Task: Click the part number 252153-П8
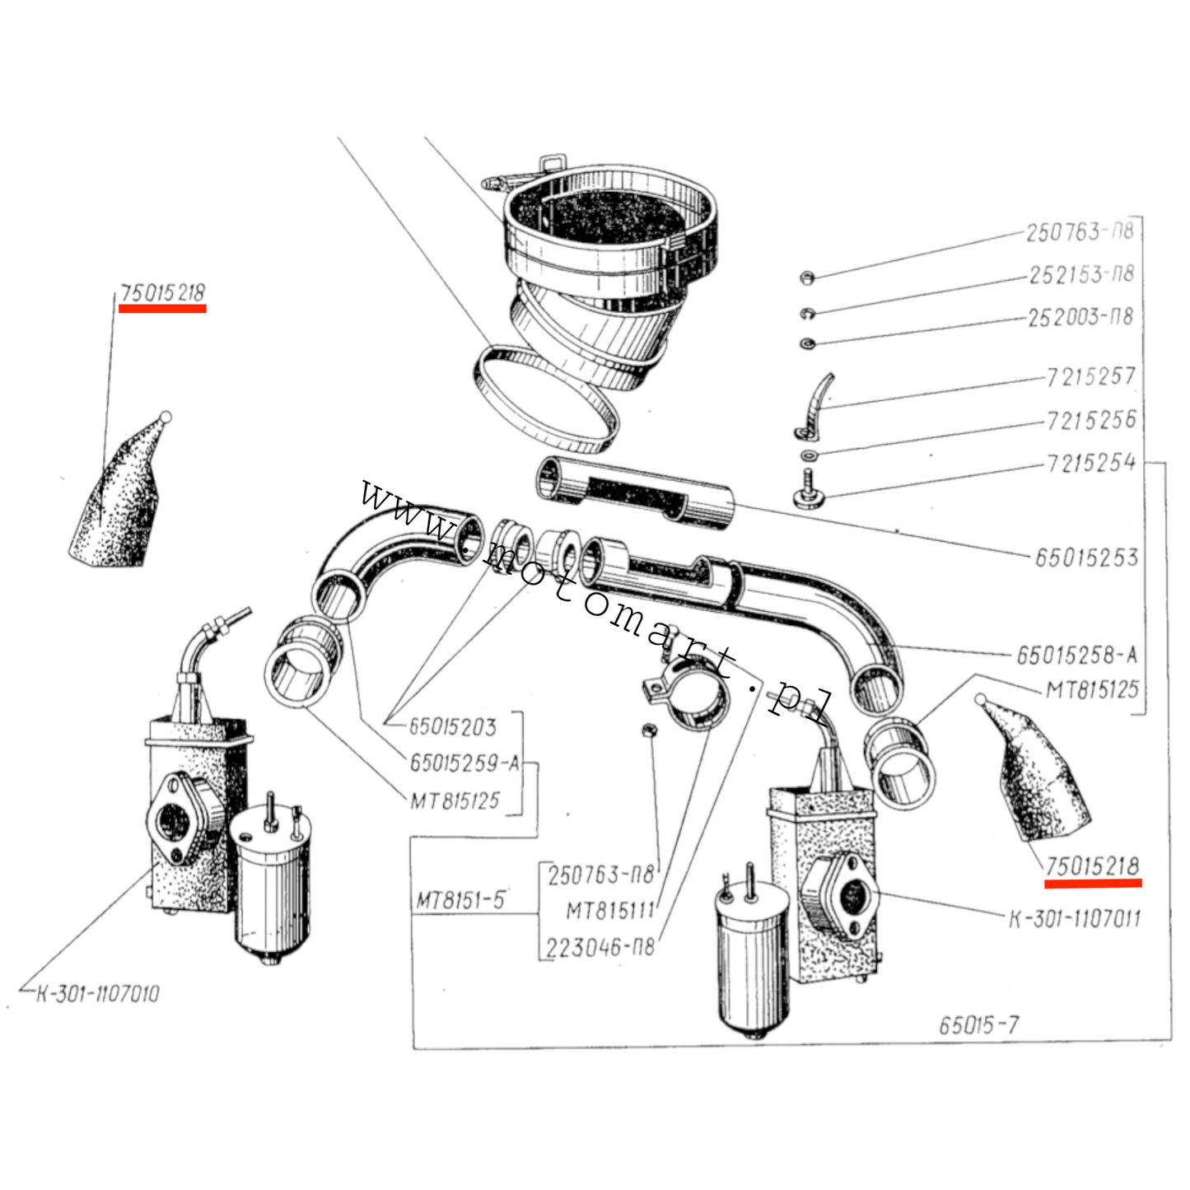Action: [x=1081, y=275]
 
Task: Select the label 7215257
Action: [x=1090, y=376]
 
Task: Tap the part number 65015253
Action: [x=1086, y=558]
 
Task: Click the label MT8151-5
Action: [x=460, y=901]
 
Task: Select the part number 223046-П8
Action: [x=600, y=947]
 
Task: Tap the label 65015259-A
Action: [x=465, y=764]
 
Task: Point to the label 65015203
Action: [x=453, y=727]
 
